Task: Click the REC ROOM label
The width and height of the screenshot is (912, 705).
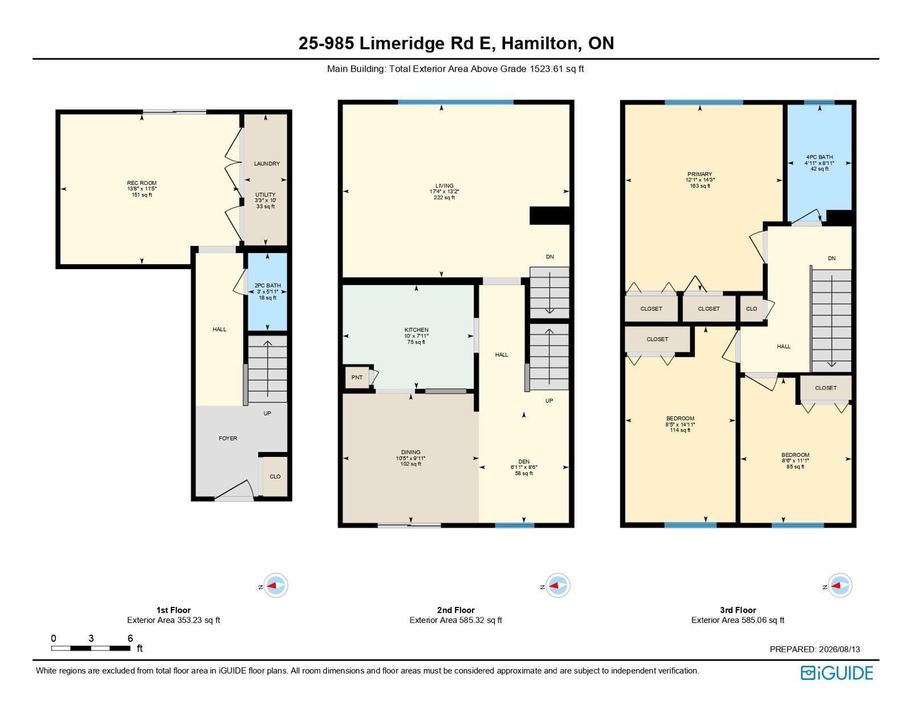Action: [x=142, y=183]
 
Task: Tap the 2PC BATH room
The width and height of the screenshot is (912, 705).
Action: [x=267, y=291]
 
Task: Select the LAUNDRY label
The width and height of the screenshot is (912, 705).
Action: [x=267, y=163]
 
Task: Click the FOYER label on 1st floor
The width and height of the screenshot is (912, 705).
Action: [x=228, y=439]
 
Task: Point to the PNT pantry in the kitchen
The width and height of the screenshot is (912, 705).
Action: [x=357, y=377]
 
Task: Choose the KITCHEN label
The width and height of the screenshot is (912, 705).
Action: [x=416, y=330]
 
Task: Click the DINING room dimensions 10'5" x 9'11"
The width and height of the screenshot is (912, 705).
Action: [x=410, y=458]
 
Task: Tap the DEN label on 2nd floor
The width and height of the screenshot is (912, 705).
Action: [x=524, y=461]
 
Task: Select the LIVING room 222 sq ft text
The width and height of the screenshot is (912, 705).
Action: [x=444, y=197]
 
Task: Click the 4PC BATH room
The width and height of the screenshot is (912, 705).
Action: [x=819, y=163]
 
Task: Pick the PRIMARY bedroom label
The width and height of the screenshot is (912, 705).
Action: [x=699, y=175]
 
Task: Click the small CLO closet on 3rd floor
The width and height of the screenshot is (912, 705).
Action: [x=751, y=309]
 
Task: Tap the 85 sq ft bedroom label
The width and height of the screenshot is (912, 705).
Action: [x=795, y=467]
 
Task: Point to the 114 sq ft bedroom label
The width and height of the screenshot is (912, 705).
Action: [x=680, y=430]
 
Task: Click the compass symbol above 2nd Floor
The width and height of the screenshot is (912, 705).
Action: [x=557, y=585]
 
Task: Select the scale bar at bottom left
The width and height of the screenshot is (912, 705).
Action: [x=91, y=649]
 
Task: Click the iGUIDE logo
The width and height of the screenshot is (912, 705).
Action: [x=836, y=673]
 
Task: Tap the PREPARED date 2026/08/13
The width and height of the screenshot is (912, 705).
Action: [x=838, y=649]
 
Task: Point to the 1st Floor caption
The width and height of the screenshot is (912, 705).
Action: [x=173, y=610]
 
